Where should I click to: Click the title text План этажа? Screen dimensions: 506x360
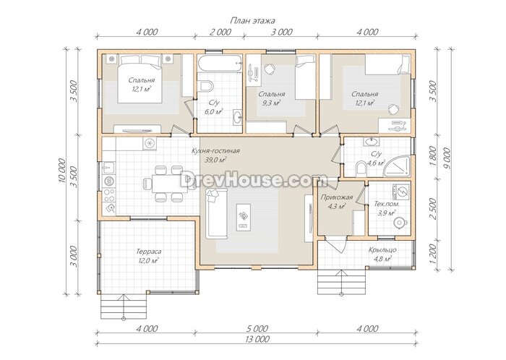[x=252, y=21]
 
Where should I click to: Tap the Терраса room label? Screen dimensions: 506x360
[x=148, y=252]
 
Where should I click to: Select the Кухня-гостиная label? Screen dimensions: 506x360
[x=215, y=150]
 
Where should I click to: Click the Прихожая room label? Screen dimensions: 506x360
[x=337, y=197]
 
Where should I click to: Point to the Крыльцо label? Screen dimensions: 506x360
[x=382, y=249]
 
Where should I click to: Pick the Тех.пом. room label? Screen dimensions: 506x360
[x=387, y=204]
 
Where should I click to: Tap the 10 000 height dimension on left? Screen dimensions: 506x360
[x=63, y=171]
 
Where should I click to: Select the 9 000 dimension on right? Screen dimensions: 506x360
[x=447, y=159]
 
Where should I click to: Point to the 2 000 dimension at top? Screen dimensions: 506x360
[x=220, y=32]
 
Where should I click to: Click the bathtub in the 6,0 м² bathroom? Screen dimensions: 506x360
[x=220, y=63]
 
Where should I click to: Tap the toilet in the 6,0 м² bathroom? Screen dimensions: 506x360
[x=207, y=86]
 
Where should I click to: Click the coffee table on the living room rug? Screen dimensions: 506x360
[x=244, y=217]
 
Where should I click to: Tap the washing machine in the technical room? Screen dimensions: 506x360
[x=401, y=192]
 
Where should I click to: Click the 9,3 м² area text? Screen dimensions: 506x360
[x=271, y=103]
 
